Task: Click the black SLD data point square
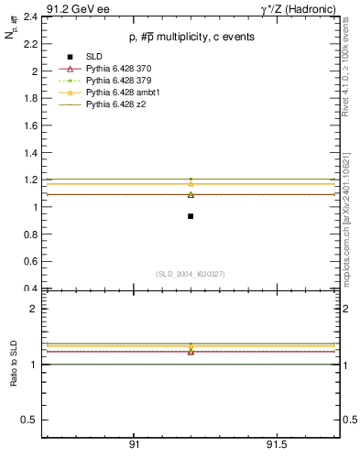coord(191,216)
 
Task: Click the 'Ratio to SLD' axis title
coord(14,365)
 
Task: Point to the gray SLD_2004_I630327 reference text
coord(191,274)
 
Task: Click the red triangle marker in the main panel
coord(191,194)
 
